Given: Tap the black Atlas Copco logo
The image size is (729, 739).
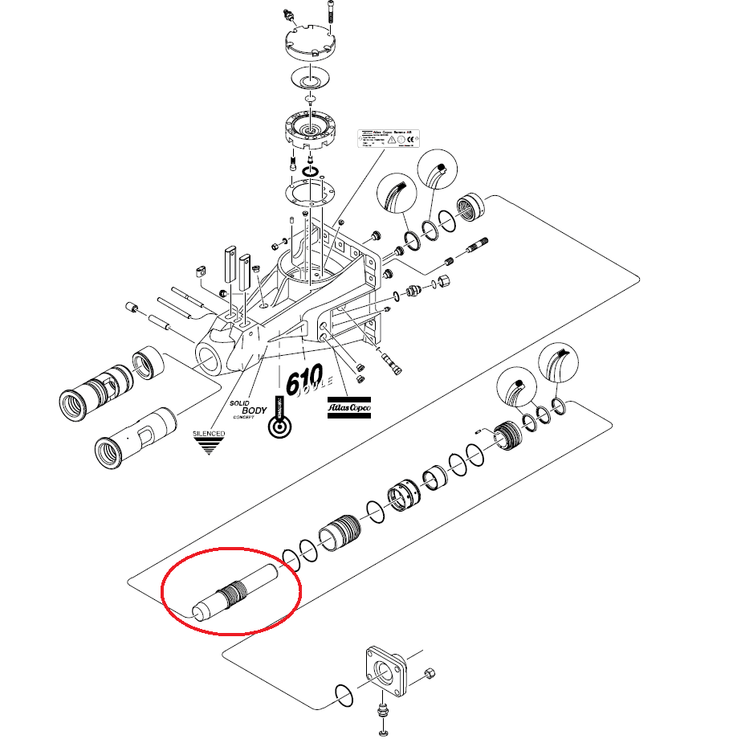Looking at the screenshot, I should tap(347, 408).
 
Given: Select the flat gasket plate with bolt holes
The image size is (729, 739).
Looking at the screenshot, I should tap(309, 194).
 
